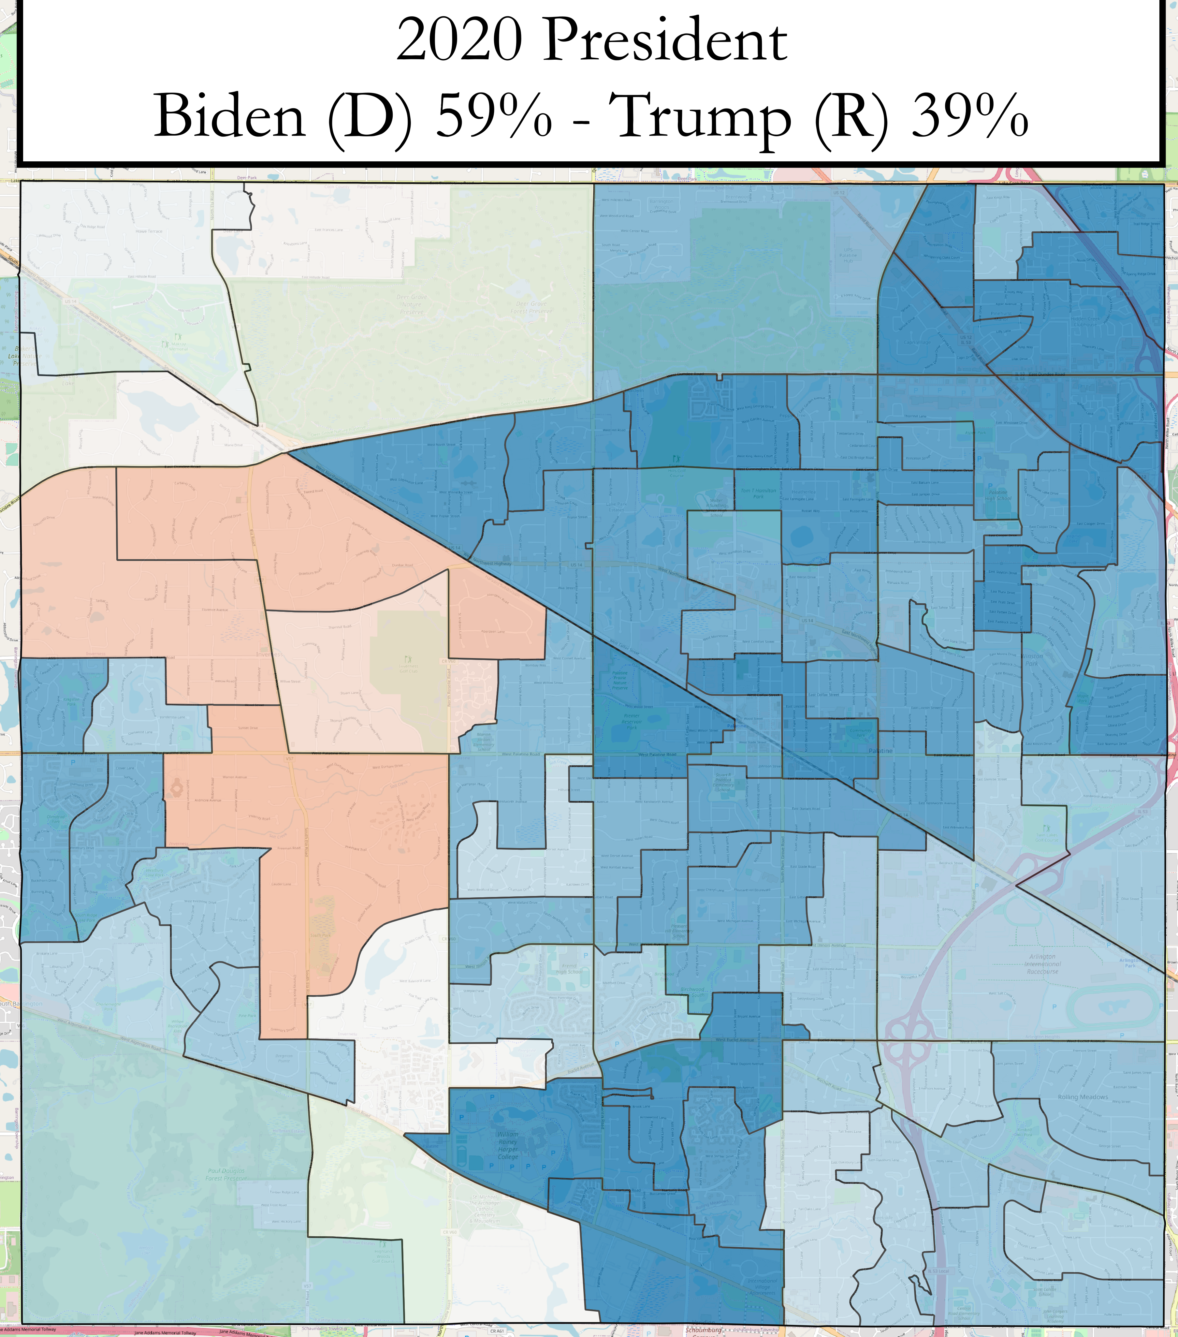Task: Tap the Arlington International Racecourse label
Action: point(1043,963)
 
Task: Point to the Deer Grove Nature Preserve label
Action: point(412,304)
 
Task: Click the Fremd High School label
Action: point(569,968)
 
